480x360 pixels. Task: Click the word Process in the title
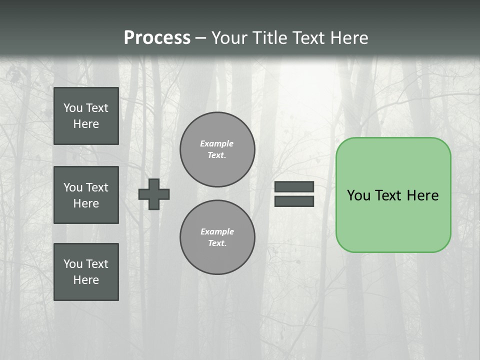click(157, 38)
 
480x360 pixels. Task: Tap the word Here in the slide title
click(347, 38)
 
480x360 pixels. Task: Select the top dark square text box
click(86, 116)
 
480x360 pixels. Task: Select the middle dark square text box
click(86, 195)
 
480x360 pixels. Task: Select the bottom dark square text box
click(86, 272)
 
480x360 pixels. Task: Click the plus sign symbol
click(154, 194)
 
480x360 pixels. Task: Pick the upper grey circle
click(217, 149)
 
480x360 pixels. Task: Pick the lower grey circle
click(217, 237)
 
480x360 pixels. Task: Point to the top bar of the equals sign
click(294, 187)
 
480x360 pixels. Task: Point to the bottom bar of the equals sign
click(294, 201)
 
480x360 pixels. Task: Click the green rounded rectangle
click(393, 220)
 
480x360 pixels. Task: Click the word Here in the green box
click(422, 195)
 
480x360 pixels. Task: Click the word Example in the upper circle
click(217, 143)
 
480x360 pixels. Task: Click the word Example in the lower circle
click(217, 231)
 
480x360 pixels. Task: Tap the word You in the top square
click(73, 108)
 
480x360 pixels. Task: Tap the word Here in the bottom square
click(86, 280)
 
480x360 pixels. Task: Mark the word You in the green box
click(358, 195)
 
